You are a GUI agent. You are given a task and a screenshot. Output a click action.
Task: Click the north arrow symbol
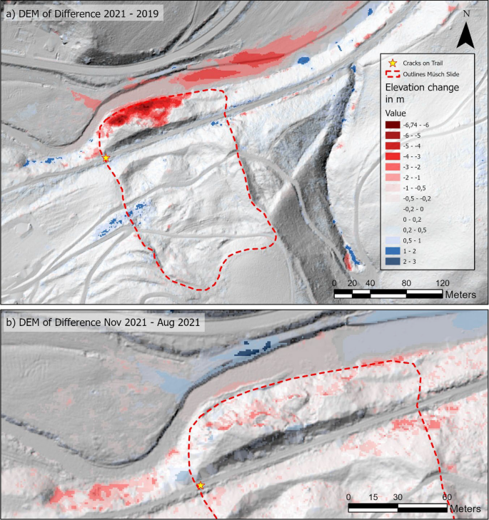pos(465,34)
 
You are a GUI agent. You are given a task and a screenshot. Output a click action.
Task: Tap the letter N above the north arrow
pos(466,14)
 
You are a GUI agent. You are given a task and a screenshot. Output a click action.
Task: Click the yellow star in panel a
pos(106,158)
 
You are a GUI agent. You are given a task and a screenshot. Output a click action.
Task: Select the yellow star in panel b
pos(201,485)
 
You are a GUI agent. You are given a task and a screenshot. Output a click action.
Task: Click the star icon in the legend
pos(390,63)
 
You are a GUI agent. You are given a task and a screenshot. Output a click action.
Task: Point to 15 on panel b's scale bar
pos(372,497)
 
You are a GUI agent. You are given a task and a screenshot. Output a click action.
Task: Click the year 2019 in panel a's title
pos(147,12)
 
